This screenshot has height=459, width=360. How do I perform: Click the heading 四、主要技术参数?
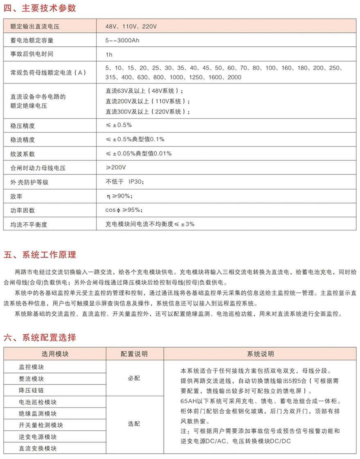pyautogui.click(x=40, y=8)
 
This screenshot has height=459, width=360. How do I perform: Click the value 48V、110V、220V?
pyautogui.click(x=131, y=27)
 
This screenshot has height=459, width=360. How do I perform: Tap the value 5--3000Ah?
pyautogui.click(x=122, y=40)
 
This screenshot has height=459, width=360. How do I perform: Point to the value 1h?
pyautogui.click(x=109, y=54)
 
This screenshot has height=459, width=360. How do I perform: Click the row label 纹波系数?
pyautogui.click(x=22, y=154)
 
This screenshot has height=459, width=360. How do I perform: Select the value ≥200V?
pyautogui.click(x=116, y=167)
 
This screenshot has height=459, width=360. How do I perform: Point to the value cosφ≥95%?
pyautogui.click(x=124, y=210)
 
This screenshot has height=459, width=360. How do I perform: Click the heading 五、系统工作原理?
pyautogui.click(x=40, y=255)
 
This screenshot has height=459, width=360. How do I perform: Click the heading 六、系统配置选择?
pyautogui.click(x=40, y=338)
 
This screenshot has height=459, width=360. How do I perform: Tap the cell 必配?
pyautogui.click(x=134, y=378)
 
